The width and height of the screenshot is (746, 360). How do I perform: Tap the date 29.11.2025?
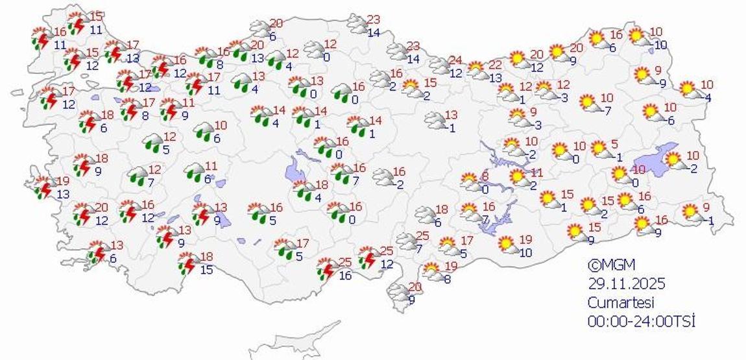tap(627, 283)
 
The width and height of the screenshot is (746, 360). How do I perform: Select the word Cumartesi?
tap(621, 302)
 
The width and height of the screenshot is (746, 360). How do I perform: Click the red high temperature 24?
tap(455, 60)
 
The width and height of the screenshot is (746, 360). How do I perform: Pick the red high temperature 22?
tap(495, 65)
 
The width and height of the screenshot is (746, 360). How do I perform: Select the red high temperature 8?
tap(484, 176)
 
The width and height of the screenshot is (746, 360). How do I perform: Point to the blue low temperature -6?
tap(669, 120)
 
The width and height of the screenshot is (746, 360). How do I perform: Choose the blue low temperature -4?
tap(706, 98)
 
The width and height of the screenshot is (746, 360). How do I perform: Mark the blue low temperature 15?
tap(206, 269)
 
